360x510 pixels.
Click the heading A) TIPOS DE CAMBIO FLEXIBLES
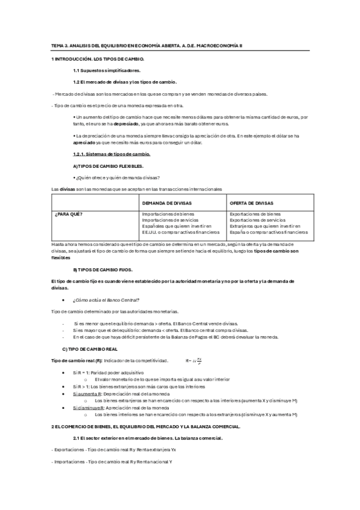pos(108,165)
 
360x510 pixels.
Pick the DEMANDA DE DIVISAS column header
pos(167,203)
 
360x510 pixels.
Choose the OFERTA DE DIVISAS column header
pos(252,203)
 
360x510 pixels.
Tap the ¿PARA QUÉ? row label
pos(69,214)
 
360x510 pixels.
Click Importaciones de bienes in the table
pos(168,214)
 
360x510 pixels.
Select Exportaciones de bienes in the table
pos(255,214)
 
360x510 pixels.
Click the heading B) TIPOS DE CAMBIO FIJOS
pos(102,270)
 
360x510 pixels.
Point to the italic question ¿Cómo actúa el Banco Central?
pos(106,300)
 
